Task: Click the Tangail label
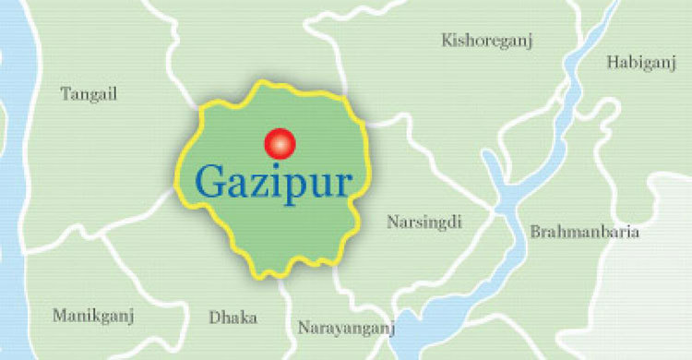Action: pos(89,94)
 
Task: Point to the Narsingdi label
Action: pos(424,222)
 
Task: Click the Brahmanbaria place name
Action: pos(584,233)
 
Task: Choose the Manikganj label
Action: pos(93,316)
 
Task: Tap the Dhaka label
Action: pos(233,317)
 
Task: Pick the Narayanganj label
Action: pos(346,328)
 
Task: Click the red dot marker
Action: pos(279,143)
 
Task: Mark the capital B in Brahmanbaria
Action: pos(535,232)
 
